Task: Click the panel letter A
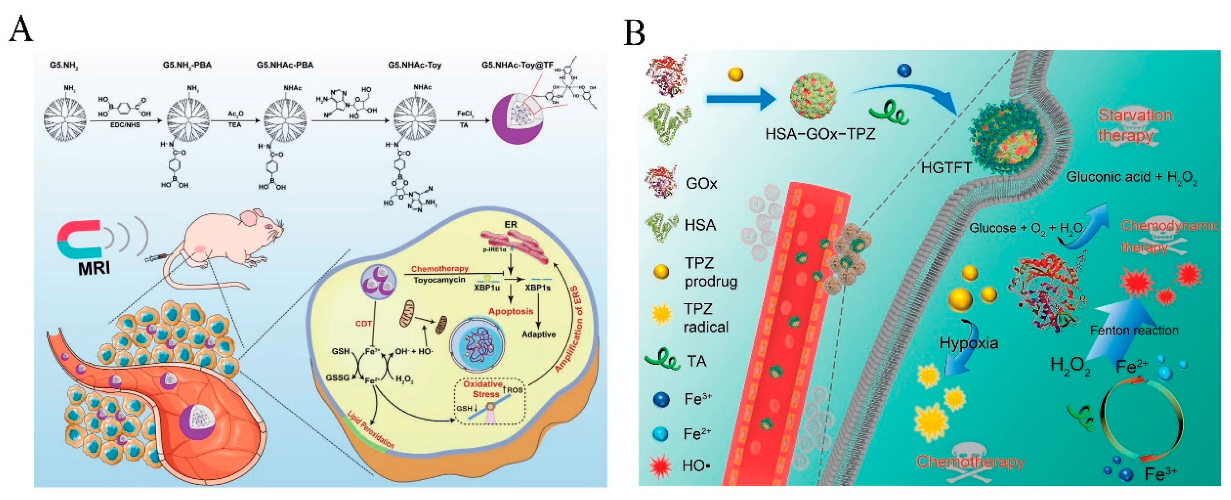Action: (21, 30)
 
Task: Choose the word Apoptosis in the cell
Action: (510, 311)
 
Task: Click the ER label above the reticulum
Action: (510, 224)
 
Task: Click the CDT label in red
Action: (363, 324)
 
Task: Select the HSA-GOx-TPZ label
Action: (820, 134)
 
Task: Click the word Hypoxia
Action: (969, 343)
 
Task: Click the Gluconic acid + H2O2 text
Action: (1131, 178)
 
